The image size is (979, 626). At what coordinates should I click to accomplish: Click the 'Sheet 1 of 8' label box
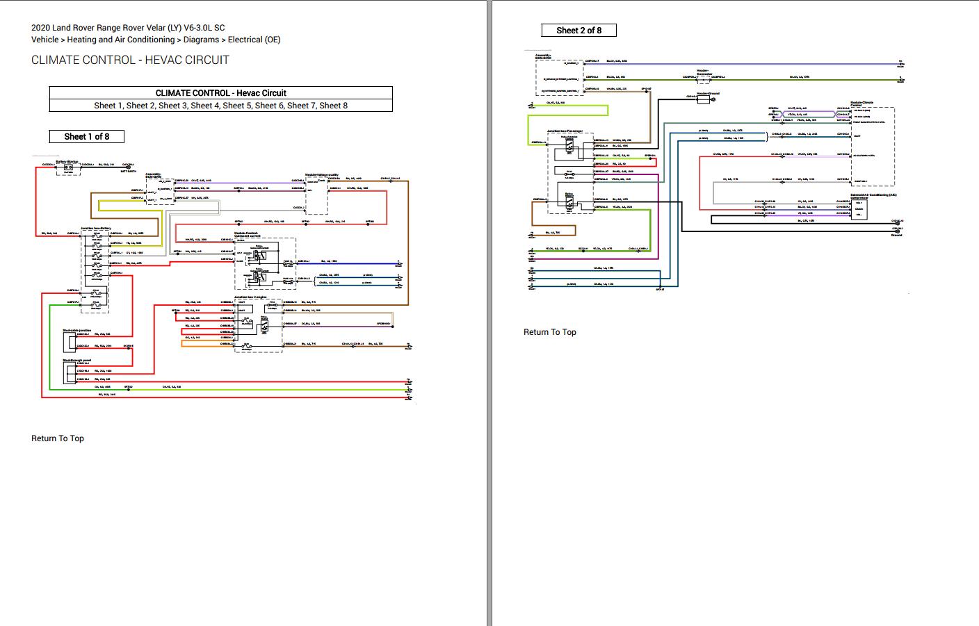pos(86,136)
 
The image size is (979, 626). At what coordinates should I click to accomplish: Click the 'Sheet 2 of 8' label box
pos(578,30)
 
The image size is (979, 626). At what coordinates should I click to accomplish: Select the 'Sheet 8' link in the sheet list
pos(333,106)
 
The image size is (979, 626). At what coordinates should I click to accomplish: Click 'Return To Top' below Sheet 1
pos(58,438)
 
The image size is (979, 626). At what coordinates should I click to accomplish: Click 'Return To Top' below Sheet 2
pos(549,332)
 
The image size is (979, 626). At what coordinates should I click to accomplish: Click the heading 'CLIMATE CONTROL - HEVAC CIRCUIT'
pos(130,60)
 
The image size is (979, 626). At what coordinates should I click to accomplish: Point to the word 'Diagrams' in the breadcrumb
pos(201,40)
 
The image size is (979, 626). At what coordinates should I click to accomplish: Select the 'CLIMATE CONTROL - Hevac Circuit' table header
pos(220,93)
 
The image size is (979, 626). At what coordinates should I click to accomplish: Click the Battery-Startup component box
pos(68,168)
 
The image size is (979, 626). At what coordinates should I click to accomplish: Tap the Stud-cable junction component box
pos(70,340)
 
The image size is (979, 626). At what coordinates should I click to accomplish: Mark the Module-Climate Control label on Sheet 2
pos(861,104)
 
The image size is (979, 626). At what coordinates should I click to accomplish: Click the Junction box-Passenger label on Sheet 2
pos(565,131)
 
